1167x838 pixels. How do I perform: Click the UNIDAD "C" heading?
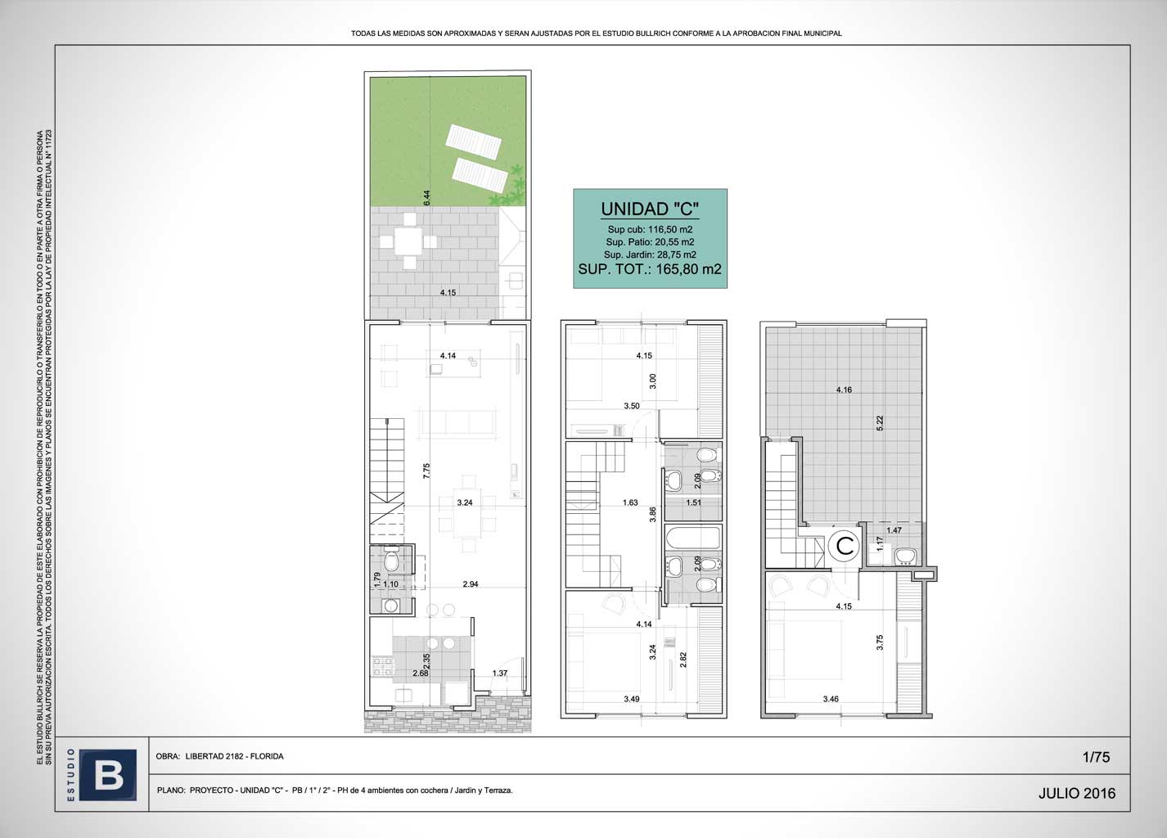(x=650, y=209)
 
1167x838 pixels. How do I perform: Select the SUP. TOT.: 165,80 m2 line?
(x=650, y=268)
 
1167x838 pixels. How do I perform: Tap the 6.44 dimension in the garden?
(x=426, y=197)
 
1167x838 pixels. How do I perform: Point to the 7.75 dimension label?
(x=426, y=471)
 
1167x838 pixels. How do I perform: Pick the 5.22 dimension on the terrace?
(x=880, y=423)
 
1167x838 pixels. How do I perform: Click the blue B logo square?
(x=108, y=774)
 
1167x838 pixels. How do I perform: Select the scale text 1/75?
(x=1096, y=757)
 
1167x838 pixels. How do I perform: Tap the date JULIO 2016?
(x=1076, y=793)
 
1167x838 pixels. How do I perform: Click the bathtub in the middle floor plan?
(x=693, y=538)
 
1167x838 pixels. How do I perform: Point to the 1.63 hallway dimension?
(x=630, y=502)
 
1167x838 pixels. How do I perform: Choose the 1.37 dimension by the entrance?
(x=500, y=673)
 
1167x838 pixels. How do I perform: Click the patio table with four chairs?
(x=408, y=241)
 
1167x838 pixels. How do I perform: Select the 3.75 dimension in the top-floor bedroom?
(x=880, y=642)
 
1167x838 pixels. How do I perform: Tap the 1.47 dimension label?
(x=894, y=530)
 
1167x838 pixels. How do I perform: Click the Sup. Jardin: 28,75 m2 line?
(x=650, y=255)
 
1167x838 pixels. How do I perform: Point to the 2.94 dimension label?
(x=471, y=583)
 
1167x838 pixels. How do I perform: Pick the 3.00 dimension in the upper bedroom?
(x=653, y=381)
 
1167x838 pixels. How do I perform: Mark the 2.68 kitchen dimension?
(x=421, y=673)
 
